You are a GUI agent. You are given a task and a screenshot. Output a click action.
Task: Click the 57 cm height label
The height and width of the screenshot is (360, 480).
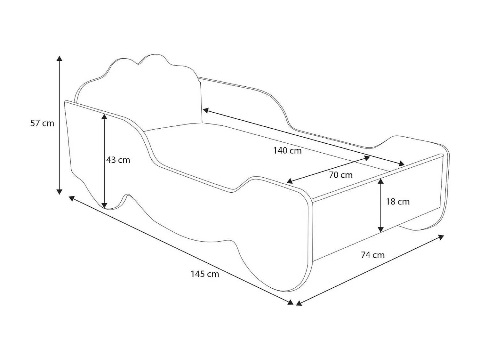pos(42,123)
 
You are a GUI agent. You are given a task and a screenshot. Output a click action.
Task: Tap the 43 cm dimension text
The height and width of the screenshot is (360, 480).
pos(118,160)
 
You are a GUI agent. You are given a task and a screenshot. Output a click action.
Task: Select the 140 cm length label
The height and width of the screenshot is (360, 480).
pos(287,150)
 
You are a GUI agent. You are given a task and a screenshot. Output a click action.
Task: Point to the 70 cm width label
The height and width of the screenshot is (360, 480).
pos(340,175)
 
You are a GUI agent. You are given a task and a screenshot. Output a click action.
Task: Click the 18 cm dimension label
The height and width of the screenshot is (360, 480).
pos(397,202)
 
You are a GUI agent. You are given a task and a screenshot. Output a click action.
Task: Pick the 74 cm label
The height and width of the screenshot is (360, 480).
pos(372,255)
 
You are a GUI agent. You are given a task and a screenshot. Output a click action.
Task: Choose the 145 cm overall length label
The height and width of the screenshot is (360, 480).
pos(205,274)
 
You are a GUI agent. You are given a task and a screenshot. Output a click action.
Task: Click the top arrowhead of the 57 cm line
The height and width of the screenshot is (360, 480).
pos(59,58)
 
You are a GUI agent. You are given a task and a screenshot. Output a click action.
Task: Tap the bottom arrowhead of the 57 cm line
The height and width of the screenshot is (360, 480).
pos(59,192)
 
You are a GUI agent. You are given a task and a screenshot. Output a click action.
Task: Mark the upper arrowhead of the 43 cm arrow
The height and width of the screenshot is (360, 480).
pos(104,116)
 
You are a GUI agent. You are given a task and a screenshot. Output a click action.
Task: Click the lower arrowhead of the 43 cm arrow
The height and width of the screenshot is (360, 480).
pos(104,205)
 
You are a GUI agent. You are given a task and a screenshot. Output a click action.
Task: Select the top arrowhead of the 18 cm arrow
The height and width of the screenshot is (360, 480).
pos(380,181)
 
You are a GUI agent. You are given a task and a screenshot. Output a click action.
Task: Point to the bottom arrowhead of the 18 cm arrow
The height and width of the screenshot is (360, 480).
pos(380,229)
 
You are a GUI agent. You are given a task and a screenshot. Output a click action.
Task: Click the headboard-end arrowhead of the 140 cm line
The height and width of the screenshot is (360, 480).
pos(206,110)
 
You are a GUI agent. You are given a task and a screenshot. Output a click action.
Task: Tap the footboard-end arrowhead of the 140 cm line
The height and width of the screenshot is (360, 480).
pos(402,164)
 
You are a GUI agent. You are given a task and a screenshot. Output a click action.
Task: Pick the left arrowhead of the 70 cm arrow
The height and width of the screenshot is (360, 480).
pos(289,181)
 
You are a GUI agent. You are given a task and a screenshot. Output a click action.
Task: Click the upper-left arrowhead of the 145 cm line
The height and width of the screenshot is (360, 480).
pos(72,198)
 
